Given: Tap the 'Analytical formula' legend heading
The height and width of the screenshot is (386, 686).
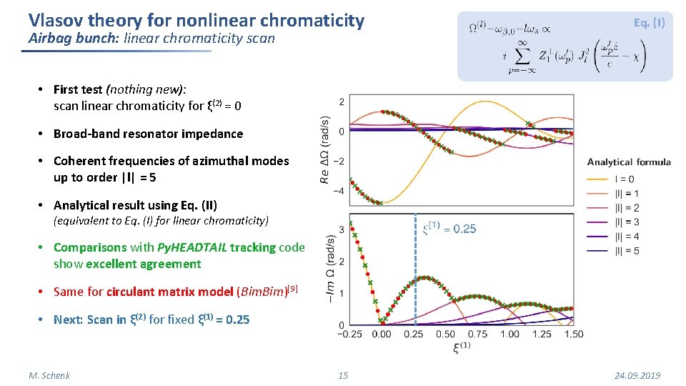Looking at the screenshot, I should point(629,162).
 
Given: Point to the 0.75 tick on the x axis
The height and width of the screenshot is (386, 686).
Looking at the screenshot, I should point(477,335).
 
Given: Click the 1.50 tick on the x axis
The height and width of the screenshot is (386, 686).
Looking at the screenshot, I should point(573,335).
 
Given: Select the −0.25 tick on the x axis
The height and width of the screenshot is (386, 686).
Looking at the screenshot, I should point(350,335).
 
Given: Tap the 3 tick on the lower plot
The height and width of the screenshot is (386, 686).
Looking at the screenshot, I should point(342,230).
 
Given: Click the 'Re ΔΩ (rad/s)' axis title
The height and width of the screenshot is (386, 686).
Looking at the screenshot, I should point(326,152).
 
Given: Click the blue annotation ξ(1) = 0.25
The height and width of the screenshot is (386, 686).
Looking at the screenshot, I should point(449,229).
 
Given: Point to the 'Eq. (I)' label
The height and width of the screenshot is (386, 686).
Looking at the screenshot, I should point(649,23).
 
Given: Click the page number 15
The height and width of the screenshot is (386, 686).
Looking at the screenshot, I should point(343,376).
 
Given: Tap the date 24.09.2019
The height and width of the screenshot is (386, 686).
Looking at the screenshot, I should point(637,376).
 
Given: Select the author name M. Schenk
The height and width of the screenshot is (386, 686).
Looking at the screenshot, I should point(49,376).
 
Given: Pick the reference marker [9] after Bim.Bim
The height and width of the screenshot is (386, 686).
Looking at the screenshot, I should point(292,289).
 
